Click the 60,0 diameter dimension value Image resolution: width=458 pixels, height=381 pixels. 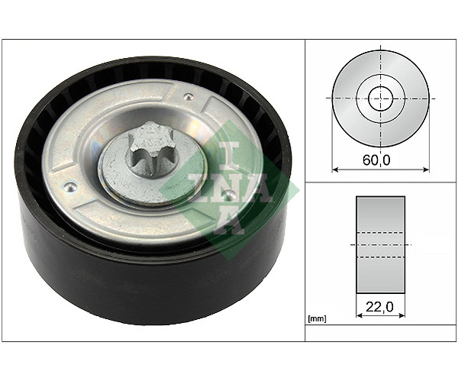tap(376, 160)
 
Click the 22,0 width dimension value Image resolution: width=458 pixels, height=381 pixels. tap(379, 306)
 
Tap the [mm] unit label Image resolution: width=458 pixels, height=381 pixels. tap(318, 319)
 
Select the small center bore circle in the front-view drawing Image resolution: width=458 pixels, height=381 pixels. tap(381, 98)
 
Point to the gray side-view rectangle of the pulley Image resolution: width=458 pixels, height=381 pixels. tap(380, 244)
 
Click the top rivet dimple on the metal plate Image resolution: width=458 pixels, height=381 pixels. tap(189, 96)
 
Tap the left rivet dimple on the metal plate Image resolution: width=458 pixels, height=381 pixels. tap(70, 187)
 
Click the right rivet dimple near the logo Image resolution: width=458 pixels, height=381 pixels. tap(230, 194)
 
